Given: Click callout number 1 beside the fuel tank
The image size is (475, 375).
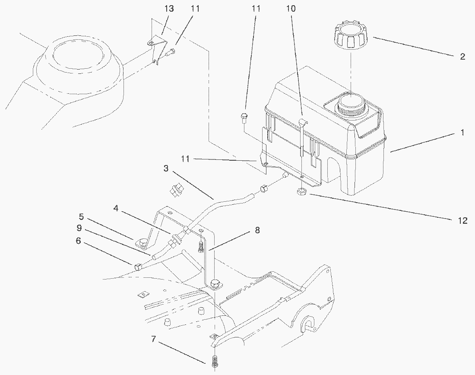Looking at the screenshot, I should click(462, 133).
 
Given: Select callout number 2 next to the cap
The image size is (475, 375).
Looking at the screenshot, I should click(462, 57).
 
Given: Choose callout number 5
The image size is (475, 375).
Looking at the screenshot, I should click(81, 216).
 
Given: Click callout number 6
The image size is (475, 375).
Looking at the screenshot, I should click(78, 241).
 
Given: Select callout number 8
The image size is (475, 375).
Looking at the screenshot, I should click(257, 231).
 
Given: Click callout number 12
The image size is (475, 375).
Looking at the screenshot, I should click(462, 220).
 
